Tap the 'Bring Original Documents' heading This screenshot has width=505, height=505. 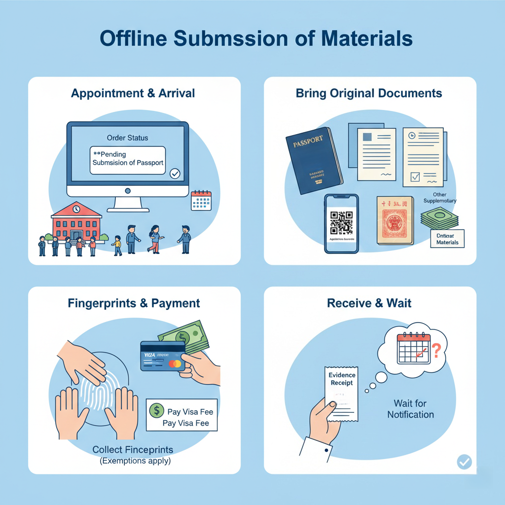[369, 93]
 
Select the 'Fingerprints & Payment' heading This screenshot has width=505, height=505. [134, 303]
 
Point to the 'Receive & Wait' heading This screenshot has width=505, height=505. [369, 303]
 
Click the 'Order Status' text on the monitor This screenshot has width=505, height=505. [127, 138]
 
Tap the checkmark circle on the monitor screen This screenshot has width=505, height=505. [175, 173]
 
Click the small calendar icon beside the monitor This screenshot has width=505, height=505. [201, 200]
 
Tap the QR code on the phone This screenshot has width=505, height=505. [341, 223]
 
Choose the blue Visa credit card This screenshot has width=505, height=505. [162, 356]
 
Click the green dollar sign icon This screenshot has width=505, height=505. [157, 410]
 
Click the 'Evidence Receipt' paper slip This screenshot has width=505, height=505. [342, 394]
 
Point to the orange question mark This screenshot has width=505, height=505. [436, 352]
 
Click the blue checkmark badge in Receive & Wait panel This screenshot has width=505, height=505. [464, 462]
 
